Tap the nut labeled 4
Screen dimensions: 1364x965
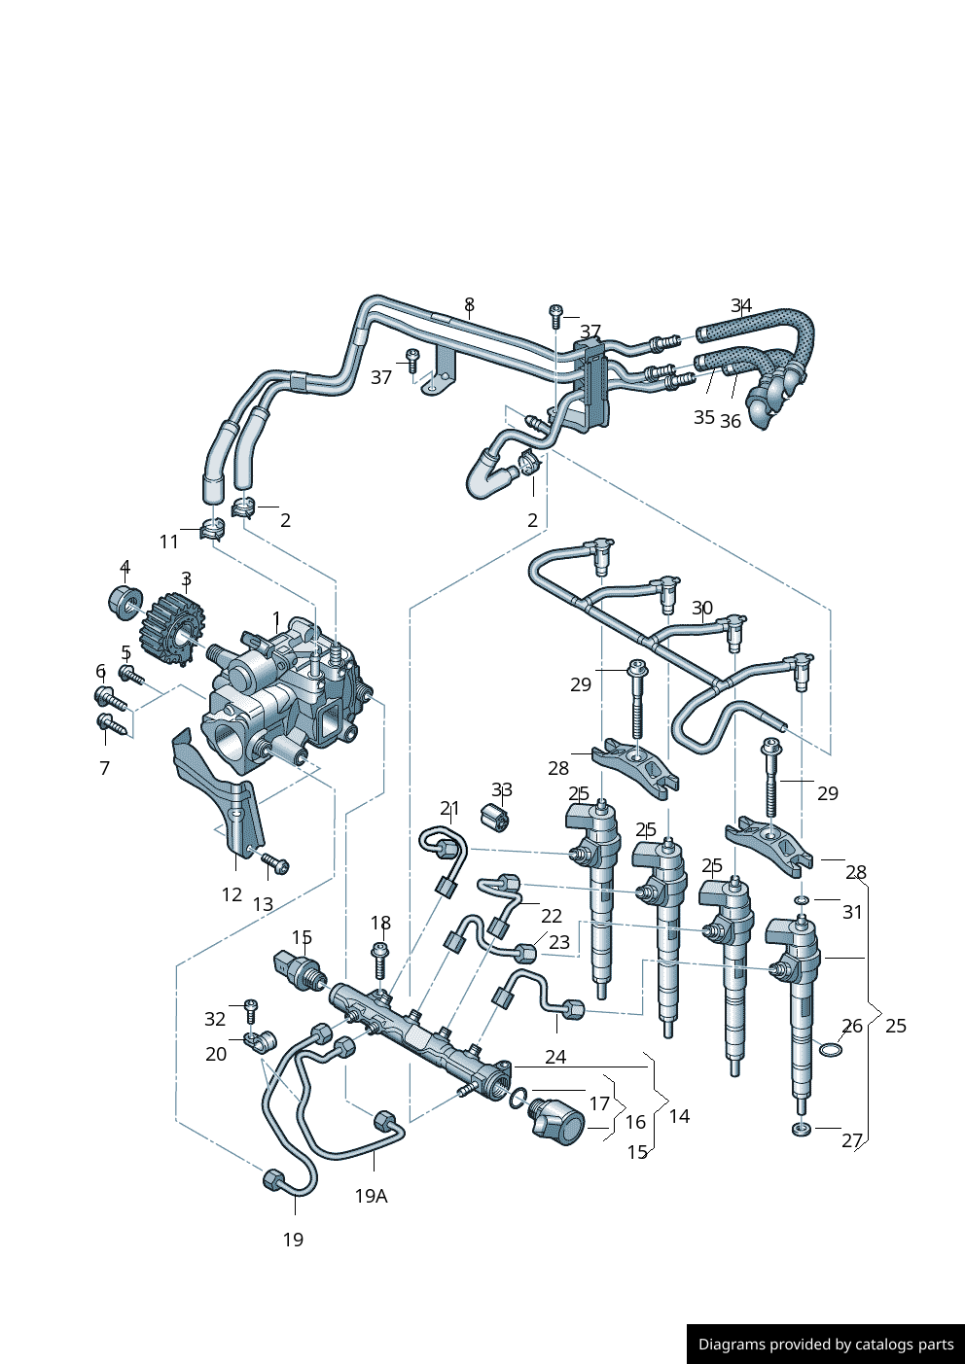point(125,600)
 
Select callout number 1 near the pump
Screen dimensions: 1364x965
point(276,619)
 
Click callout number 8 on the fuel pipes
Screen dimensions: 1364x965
point(469,304)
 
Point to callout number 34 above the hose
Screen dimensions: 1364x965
point(741,306)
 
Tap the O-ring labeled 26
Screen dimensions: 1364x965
point(830,1050)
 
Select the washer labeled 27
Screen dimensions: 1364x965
point(802,1129)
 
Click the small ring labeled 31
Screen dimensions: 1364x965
point(801,901)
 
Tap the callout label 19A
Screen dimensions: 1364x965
point(371,1196)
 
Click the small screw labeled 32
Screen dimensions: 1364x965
point(250,1006)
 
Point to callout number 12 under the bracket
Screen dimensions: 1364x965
point(232,894)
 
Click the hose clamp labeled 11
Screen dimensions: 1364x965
point(212,530)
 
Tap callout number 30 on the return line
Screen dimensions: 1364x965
point(702,609)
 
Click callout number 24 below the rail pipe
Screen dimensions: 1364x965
point(555,1057)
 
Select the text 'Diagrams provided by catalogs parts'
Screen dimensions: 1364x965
point(826,1345)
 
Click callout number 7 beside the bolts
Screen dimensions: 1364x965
point(105,768)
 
